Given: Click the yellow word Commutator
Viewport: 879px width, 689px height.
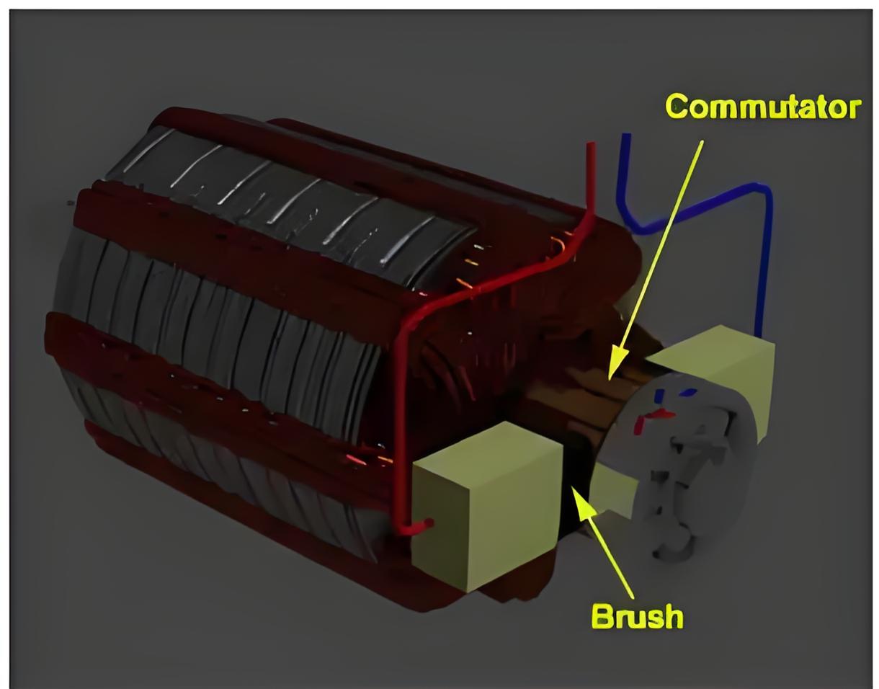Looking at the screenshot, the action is tap(762, 107).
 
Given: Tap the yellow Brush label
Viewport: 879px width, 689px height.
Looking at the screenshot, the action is tap(637, 617).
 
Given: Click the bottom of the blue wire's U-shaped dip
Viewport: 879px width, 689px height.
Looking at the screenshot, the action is tap(643, 230).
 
